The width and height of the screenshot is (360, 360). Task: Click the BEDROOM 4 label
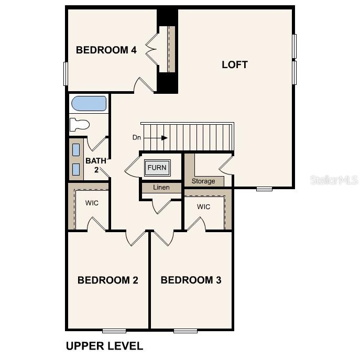(x=106, y=50)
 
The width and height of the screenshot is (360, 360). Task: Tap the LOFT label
(x=234, y=65)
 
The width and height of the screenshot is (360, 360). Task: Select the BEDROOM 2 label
(x=107, y=280)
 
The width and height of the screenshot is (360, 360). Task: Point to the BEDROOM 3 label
(x=191, y=280)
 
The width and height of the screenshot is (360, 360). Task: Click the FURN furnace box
(x=157, y=168)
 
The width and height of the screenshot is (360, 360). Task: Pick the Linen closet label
(x=161, y=188)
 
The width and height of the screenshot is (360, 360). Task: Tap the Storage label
(x=203, y=181)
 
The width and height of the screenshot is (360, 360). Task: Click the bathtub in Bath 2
(x=89, y=103)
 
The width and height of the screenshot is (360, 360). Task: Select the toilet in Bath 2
(x=80, y=125)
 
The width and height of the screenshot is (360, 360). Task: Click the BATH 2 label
(x=96, y=165)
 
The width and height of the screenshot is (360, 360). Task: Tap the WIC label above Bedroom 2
(x=92, y=203)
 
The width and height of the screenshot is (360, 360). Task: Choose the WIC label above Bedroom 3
(x=204, y=207)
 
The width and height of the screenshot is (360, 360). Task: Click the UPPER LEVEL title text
(x=104, y=346)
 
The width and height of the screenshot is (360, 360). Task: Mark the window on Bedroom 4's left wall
(x=66, y=73)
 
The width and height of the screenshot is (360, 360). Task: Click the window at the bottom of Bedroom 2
(x=114, y=330)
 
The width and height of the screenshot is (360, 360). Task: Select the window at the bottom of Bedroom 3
(x=186, y=330)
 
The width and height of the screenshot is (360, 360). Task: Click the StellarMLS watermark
(x=334, y=180)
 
